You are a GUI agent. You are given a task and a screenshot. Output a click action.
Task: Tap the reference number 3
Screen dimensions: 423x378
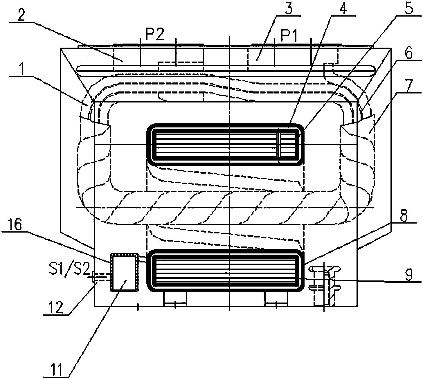pyautogui.click(x=289, y=8)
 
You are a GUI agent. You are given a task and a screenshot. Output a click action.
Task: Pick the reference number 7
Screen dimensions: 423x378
pyautogui.click(x=409, y=85)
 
